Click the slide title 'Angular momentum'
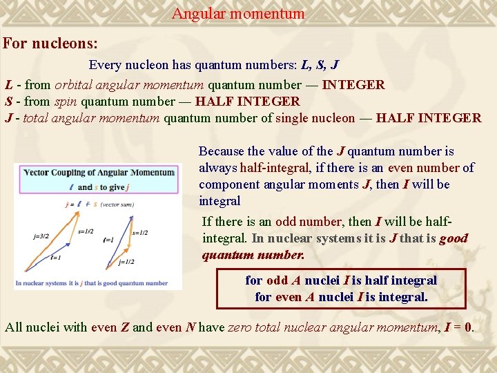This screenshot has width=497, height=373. point(238,13)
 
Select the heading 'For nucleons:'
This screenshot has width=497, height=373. point(50,44)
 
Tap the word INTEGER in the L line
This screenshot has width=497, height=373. point(353,85)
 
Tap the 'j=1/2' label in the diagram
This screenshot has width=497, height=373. point(127,262)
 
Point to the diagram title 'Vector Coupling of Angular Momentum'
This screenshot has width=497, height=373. point(98,172)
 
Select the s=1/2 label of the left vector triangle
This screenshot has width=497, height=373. point(86,231)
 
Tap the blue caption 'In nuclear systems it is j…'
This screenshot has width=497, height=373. point(96,283)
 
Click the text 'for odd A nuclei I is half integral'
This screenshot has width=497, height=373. point(341,280)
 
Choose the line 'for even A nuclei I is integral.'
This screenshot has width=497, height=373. point(341,297)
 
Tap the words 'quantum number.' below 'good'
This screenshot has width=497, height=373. point(253,255)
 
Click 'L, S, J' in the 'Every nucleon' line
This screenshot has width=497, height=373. point(320,65)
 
